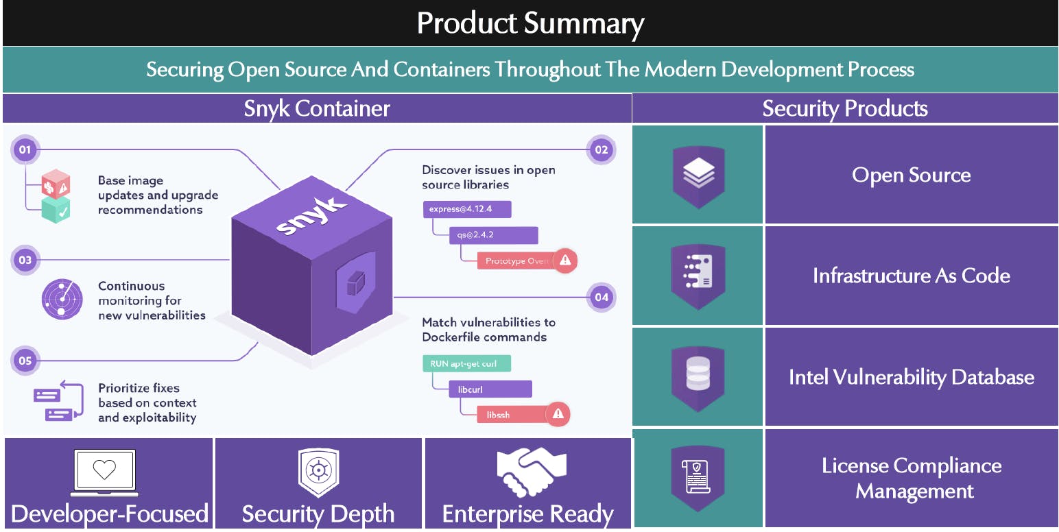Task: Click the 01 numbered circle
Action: (x=25, y=149)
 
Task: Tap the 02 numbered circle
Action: (x=602, y=149)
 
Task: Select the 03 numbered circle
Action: (x=25, y=260)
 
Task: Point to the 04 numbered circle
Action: (x=602, y=297)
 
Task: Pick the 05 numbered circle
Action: (x=25, y=360)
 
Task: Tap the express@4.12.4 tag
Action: (x=466, y=209)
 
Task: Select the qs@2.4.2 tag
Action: (x=492, y=235)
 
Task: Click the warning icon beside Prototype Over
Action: (x=565, y=261)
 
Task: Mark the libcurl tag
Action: (x=490, y=389)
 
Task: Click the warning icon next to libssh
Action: (x=558, y=414)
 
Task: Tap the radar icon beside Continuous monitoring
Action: (x=62, y=300)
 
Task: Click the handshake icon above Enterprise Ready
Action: (x=532, y=472)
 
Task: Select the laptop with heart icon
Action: (x=104, y=472)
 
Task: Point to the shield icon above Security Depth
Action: (x=318, y=472)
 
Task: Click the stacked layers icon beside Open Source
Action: (x=698, y=175)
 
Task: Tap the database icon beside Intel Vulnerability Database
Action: (x=698, y=376)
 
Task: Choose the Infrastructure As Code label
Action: (x=911, y=276)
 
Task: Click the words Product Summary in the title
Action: (x=529, y=23)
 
